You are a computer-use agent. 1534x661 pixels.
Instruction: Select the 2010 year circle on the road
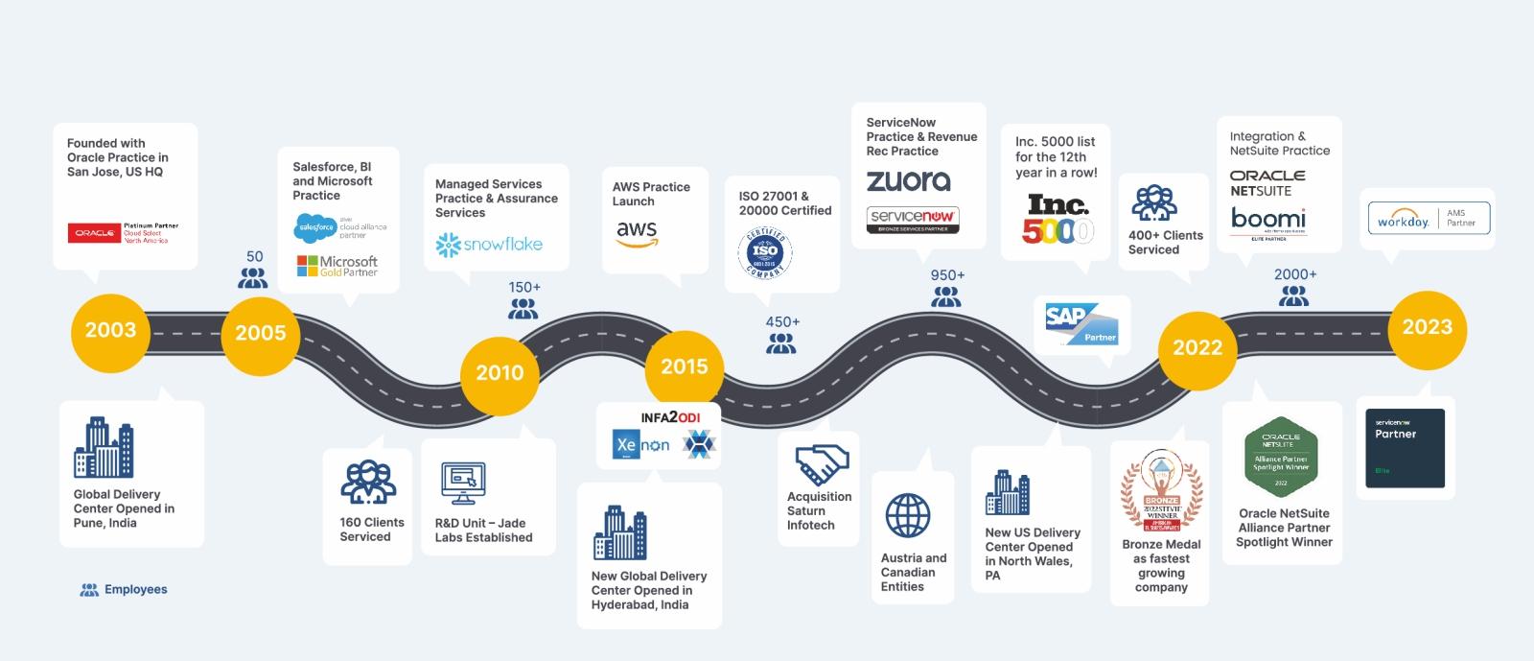pyautogui.click(x=500, y=373)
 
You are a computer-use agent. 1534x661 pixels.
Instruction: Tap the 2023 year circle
pyautogui.click(x=1427, y=328)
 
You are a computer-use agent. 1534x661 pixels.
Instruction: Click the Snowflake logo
pyautogui.click(x=489, y=245)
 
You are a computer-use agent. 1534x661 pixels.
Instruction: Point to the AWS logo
pyautogui.click(x=637, y=233)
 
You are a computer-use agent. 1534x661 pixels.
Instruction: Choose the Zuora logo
pyautogui.click(x=908, y=180)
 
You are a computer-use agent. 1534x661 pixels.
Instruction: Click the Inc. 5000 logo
pyautogui.click(x=1058, y=220)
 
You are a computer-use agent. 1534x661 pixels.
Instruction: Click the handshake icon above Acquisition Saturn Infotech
pyautogui.click(x=822, y=464)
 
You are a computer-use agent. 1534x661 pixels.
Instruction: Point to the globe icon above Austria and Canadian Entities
pyautogui.click(x=907, y=516)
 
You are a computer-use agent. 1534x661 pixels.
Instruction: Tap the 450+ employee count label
pyautogui.click(x=782, y=322)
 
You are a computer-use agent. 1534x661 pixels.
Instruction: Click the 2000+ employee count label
pyautogui.click(x=1294, y=274)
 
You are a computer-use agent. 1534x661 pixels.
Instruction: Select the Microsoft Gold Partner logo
pyautogui.click(x=337, y=266)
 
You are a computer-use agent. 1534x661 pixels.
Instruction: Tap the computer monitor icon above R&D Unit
pyautogui.click(x=463, y=483)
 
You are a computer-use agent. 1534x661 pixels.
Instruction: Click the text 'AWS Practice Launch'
pyautogui.click(x=651, y=194)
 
